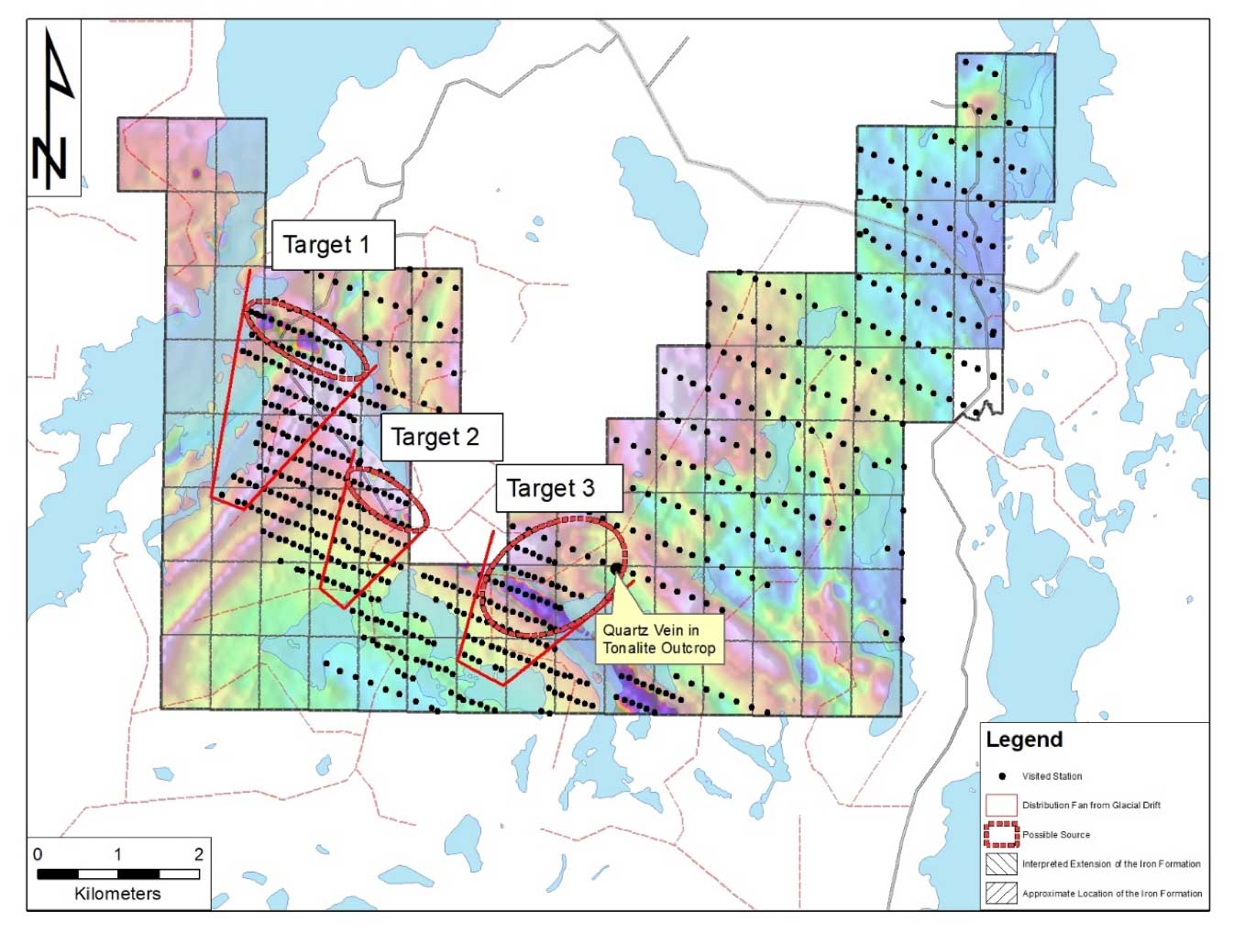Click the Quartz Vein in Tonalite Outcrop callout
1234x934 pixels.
point(658,639)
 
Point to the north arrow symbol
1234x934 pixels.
point(53,108)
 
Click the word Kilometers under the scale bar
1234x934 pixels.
point(117,894)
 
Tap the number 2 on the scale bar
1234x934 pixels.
point(199,854)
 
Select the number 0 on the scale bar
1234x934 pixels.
point(38,854)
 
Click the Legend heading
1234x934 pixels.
point(1024,739)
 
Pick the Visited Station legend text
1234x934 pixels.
point(1052,776)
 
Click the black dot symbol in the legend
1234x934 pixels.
point(1001,776)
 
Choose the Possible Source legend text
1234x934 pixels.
point(1056,835)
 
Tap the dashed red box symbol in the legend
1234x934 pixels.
point(1001,835)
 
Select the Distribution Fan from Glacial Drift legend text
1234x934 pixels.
point(1091,806)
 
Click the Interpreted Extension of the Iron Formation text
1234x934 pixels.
point(1111,864)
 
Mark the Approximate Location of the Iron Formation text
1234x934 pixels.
point(1112,894)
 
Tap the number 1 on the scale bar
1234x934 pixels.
point(117,854)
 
